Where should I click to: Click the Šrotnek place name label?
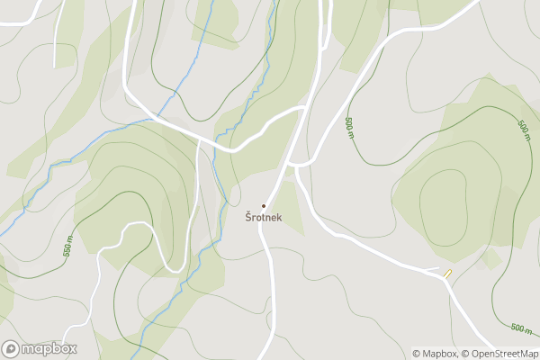[x=264, y=217]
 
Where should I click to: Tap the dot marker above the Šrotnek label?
[x=264, y=206]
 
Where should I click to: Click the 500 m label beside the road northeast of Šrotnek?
[x=349, y=129]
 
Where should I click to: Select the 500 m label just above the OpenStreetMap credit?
[x=520, y=328]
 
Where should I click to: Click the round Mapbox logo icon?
[x=11, y=349]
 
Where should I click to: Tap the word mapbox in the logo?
[x=49, y=349]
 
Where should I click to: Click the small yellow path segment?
[x=447, y=273]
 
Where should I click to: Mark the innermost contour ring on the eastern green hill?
[x=445, y=202]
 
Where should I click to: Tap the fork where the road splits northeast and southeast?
[x=297, y=164]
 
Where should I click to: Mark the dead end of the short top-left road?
[x=56, y=66]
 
